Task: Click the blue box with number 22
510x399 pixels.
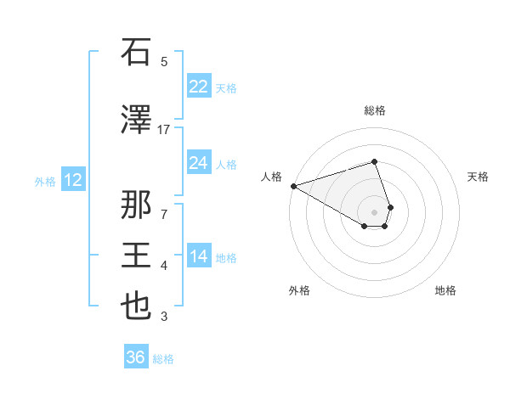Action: point(198,86)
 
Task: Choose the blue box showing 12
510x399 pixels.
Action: point(72,179)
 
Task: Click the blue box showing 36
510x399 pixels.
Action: point(135,357)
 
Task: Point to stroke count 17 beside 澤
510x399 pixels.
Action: point(164,130)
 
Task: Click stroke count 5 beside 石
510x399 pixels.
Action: point(164,61)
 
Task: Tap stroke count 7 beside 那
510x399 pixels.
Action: point(164,214)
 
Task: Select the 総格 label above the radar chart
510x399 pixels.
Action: point(374,110)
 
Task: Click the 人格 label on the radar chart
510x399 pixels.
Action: point(271,177)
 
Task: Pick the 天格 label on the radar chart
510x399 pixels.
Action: point(478,177)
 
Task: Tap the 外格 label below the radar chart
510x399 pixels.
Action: point(299,290)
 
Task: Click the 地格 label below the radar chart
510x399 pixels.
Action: point(445,290)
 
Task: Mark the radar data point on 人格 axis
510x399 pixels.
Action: point(293,186)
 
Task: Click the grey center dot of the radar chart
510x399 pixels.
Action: point(374,211)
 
